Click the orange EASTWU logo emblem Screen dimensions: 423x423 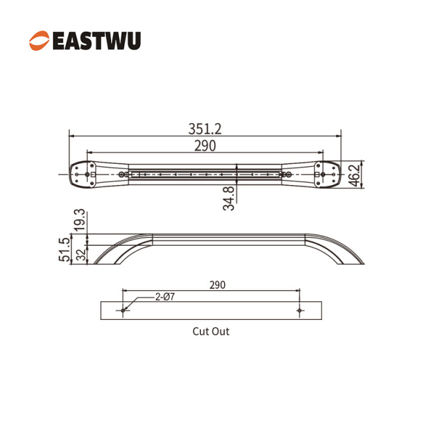pyautogui.click(x=40, y=40)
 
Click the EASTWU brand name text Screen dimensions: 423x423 pyautogui.click(x=97, y=41)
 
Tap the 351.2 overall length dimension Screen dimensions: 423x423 pyautogui.click(x=205, y=129)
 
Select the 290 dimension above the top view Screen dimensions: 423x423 pyautogui.click(x=205, y=146)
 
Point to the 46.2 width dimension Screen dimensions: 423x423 pyautogui.click(x=356, y=176)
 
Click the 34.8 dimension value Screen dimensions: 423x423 pyautogui.click(x=229, y=198)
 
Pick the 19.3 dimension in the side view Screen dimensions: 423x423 pyautogui.click(x=81, y=219)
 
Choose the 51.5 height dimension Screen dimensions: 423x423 pyautogui.click(x=65, y=250)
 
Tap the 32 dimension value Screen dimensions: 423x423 pyautogui.click(x=81, y=254)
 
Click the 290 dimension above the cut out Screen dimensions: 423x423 pyautogui.click(x=217, y=285)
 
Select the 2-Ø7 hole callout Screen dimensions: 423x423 pyautogui.click(x=165, y=297)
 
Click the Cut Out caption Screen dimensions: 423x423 pyautogui.click(x=211, y=332)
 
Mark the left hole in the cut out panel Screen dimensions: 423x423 pyautogui.click(x=123, y=311)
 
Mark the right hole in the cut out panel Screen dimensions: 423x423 pyautogui.click(x=299, y=311)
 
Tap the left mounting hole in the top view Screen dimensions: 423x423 pyautogui.click(x=87, y=174)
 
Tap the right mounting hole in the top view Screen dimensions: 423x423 pyautogui.click(x=323, y=174)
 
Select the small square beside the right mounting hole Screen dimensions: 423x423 pyautogui.click(x=317, y=174)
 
